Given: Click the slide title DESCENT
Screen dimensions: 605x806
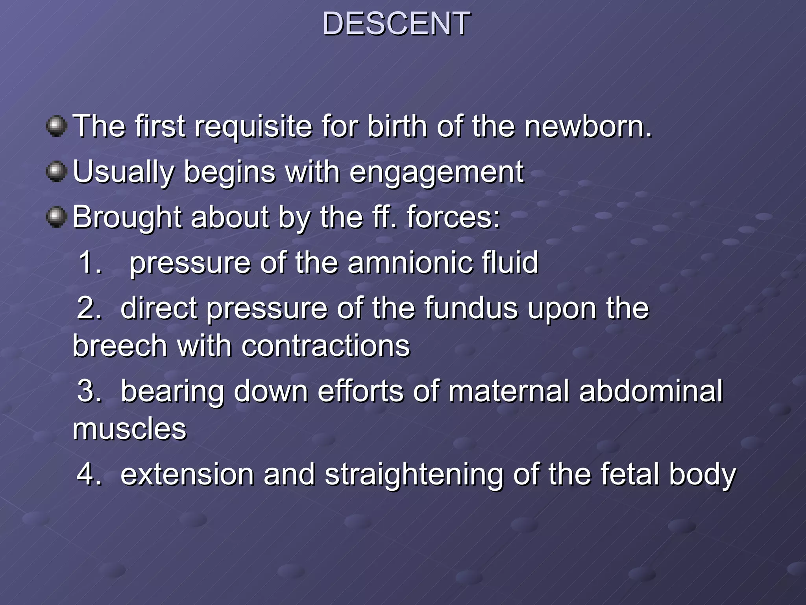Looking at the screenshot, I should [x=396, y=24].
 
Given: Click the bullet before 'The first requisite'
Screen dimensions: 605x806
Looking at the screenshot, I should [x=57, y=126].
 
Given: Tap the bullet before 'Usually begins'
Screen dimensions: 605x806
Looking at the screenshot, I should [x=57, y=172].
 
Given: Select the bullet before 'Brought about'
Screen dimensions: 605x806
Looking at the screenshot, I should [x=57, y=217].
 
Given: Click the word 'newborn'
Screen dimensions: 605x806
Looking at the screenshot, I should [x=588, y=126].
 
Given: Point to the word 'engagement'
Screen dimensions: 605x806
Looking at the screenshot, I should [x=436, y=173].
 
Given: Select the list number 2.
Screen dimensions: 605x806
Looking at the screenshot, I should [x=89, y=308].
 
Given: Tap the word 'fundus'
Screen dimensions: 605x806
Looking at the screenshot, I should [x=471, y=308].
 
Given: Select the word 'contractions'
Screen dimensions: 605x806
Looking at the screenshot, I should [x=325, y=346].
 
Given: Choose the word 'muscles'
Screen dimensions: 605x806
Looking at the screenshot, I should [x=129, y=429].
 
